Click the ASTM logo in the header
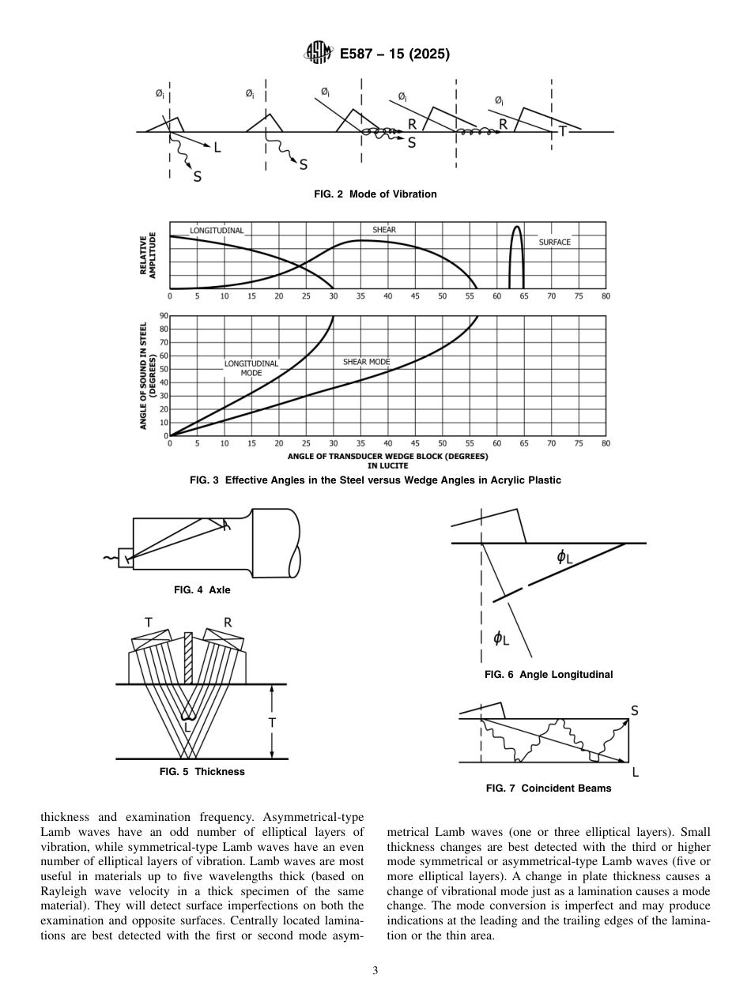(319, 54)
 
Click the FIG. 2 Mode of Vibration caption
(375, 194)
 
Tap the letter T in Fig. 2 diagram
(562, 131)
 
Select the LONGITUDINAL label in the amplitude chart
(217, 231)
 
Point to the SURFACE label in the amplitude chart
(554, 243)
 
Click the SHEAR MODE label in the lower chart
(366, 362)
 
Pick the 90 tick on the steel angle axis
(164, 316)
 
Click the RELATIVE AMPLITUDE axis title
(148, 254)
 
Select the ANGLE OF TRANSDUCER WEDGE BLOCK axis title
(387, 457)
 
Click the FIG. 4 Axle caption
(202, 589)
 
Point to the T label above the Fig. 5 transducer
(149, 623)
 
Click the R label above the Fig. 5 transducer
(228, 623)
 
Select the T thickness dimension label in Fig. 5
(271, 722)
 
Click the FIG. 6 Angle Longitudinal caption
(549, 675)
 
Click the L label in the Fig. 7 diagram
(635, 772)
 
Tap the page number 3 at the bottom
(375, 970)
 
